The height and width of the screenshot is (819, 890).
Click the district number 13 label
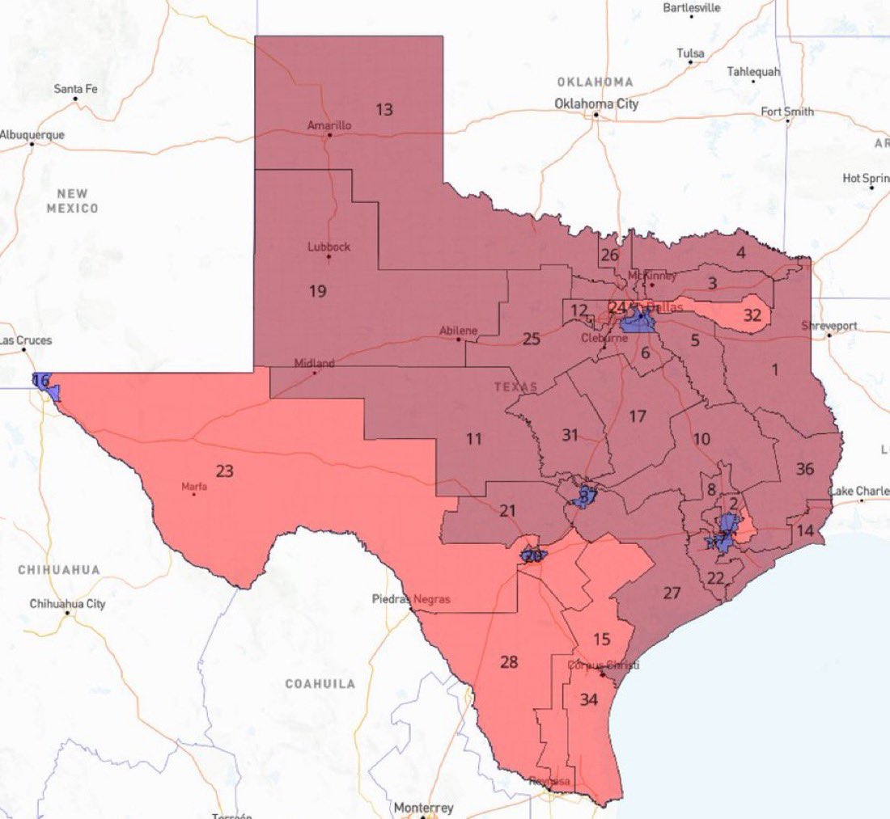384,109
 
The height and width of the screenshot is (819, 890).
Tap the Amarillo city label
329,125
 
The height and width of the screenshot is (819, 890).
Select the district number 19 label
318,290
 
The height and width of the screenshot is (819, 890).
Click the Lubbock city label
329,247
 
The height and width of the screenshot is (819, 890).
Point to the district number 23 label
224,471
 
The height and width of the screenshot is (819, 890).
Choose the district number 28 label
508,662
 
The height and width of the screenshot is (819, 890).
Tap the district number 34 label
589,699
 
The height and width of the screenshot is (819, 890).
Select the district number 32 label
752,315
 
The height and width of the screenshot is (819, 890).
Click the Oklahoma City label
596,103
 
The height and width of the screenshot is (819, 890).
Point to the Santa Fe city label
75,89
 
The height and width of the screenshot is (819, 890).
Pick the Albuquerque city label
32,135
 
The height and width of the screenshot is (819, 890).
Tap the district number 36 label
804,468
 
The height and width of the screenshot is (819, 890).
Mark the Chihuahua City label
67,604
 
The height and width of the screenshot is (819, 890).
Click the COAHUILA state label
320,683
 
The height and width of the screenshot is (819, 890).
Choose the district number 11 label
474,438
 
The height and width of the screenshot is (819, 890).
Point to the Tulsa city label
690,53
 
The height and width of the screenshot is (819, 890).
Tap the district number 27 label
672,593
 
